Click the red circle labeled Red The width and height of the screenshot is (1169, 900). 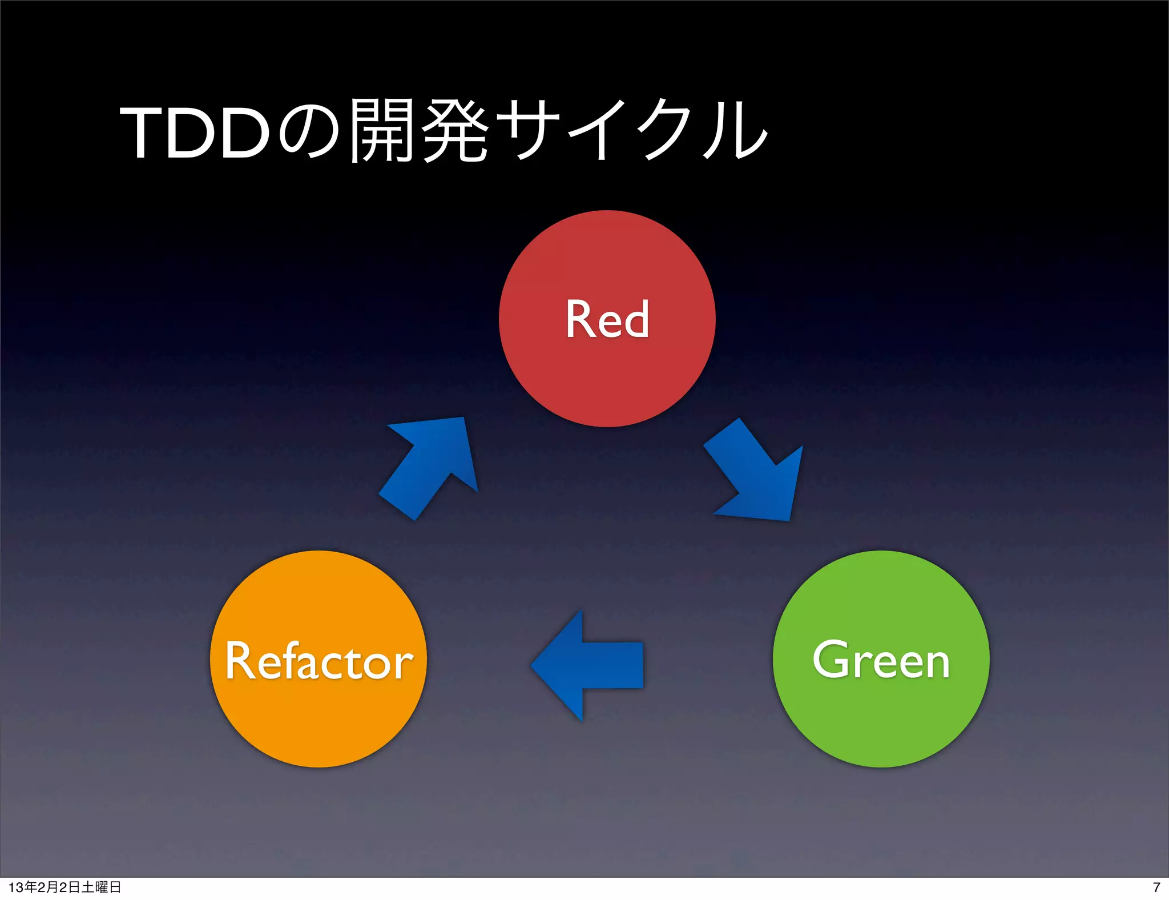pos(607,371)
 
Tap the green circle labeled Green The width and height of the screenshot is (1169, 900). pos(881,714)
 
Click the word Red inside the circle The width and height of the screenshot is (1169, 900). pos(607,320)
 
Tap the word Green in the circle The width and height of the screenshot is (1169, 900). pos(881,661)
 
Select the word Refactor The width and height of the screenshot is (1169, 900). pos(318,661)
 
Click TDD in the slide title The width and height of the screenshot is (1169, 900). pos(194,133)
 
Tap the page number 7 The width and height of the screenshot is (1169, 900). pos(1156,887)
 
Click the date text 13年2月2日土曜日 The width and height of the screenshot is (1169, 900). pos(65,887)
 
